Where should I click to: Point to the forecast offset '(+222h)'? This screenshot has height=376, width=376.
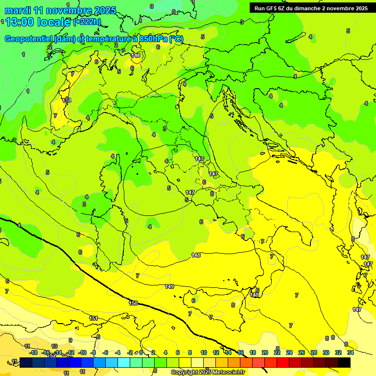click(x=87, y=22)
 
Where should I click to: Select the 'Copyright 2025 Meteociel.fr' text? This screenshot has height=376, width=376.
click(x=208, y=372)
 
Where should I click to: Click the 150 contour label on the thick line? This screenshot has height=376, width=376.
click(x=133, y=303)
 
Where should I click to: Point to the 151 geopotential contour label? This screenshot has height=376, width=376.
click(x=94, y=318)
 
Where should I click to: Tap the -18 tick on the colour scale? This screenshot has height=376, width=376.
click(x=33, y=352)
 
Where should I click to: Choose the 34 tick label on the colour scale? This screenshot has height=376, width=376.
click(x=351, y=352)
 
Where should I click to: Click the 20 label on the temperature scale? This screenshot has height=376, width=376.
click(x=265, y=352)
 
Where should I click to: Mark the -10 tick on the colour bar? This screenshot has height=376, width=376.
click(x=82, y=352)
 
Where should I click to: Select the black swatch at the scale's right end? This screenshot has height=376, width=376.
click(x=344, y=362)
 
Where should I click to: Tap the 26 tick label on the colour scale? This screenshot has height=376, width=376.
click(x=301, y=352)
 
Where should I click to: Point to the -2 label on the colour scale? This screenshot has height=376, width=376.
click(x=130, y=352)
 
